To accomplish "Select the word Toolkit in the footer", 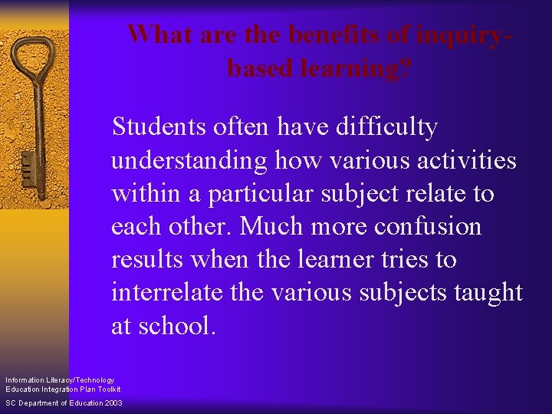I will (x=109, y=389).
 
